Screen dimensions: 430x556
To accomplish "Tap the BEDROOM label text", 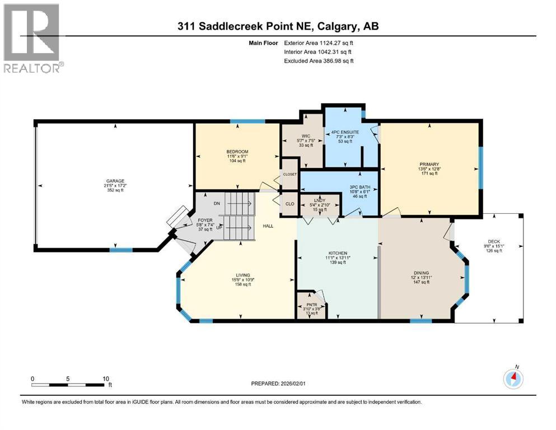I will coord(237,152).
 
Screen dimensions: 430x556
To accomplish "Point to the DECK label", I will coord(493,241).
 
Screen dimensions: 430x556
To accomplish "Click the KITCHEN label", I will coord(338,253).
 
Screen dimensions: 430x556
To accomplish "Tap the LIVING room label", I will coord(242,275).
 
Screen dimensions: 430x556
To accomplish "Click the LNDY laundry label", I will coord(320,200).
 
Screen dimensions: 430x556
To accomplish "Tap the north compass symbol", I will coord(513,379).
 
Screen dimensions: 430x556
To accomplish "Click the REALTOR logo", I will coord(32,39).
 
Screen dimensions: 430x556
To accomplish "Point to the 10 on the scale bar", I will coord(106,378).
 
